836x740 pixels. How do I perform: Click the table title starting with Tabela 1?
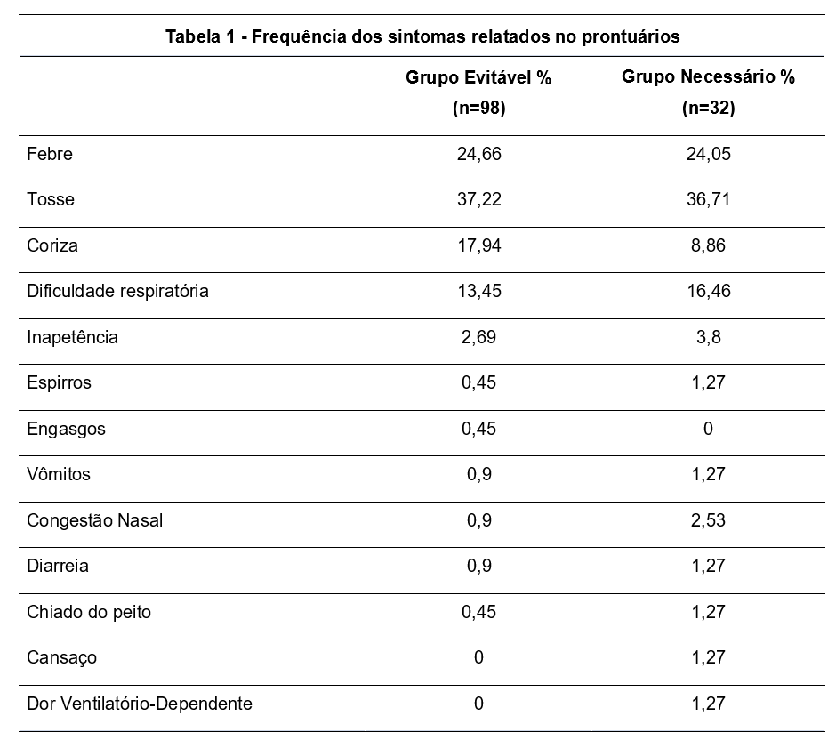pos(422,36)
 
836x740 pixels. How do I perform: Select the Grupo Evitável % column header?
pos(478,77)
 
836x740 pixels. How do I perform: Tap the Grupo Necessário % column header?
pos(708,77)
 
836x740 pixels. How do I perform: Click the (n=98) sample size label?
pos(478,109)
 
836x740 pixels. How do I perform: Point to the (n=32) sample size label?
pos(708,109)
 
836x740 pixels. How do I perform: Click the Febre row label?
pos(50,154)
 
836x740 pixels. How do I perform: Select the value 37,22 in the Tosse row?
pos(478,199)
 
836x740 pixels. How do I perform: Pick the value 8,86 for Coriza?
pos(708,245)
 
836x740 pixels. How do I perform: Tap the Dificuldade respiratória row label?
pos(117,291)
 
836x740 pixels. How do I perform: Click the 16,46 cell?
pos(708,291)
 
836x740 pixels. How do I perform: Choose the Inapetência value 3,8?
pos(708,337)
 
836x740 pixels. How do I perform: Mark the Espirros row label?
pos(59,383)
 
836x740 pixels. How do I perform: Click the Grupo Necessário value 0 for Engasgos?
pos(708,429)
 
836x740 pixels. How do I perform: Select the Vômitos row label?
pos(59,474)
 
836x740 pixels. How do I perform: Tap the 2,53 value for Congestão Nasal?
pos(708,520)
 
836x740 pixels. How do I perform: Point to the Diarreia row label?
pos(58,566)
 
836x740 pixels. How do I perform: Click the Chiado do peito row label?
pos(89,612)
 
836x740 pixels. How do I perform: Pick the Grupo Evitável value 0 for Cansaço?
pos(478,657)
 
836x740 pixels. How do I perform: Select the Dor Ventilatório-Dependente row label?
pos(140,704)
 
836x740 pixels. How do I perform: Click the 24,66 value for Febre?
pos(478,154)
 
